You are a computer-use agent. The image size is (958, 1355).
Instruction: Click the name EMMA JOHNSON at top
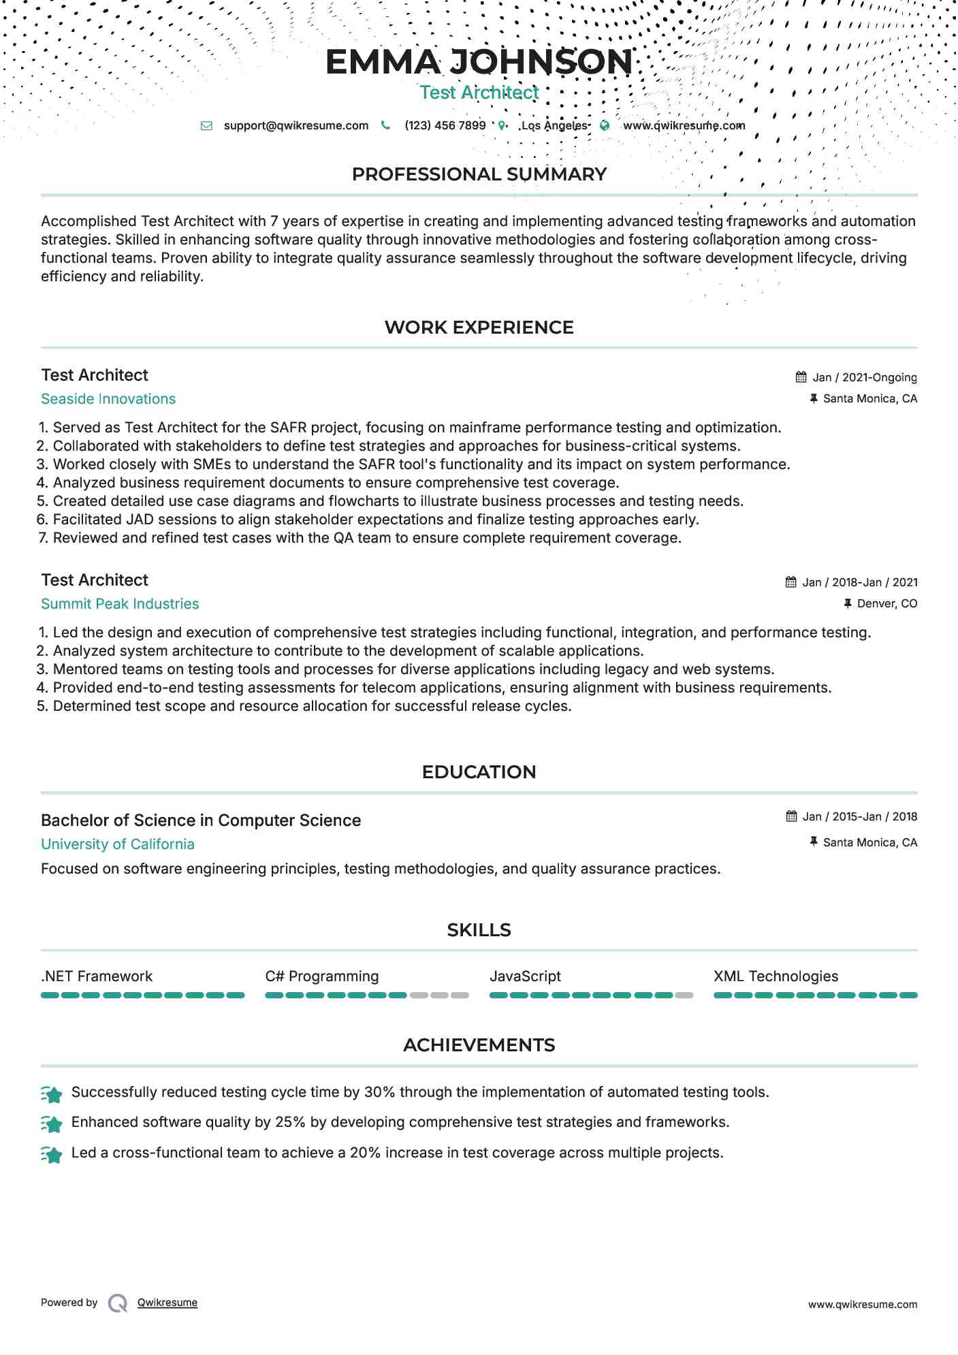(479, 62)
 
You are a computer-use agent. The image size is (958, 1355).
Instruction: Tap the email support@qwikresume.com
(296, 125)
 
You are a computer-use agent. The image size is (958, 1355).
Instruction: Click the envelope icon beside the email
(206, 125)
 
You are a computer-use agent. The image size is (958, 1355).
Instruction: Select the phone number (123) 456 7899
(445, 125)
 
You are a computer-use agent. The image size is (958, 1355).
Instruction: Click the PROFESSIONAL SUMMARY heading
(479, 174)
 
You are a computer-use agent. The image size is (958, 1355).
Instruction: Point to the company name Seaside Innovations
(108, 399)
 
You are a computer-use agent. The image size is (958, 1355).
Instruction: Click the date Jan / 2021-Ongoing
(864, 377)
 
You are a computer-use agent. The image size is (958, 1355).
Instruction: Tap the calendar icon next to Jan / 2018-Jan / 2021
(791, 582)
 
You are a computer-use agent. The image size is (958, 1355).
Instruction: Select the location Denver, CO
(887, 603)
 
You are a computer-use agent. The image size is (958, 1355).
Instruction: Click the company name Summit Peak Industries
(120, 604)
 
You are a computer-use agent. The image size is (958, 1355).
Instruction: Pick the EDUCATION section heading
(479, 772)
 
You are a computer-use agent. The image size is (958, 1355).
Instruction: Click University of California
(118, 844)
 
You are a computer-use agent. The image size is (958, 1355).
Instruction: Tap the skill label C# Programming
(321, 976)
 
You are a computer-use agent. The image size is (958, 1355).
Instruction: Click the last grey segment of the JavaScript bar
(684, 995)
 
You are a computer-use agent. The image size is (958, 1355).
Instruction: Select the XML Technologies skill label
(776, 976)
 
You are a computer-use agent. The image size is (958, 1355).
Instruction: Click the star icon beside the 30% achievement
(52, 1094)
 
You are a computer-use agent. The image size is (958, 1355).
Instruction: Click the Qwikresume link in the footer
(167, 1303)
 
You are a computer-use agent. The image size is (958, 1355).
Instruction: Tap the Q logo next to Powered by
(118, 1303)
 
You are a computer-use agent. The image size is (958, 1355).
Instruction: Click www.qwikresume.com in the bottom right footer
(862, 1305)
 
